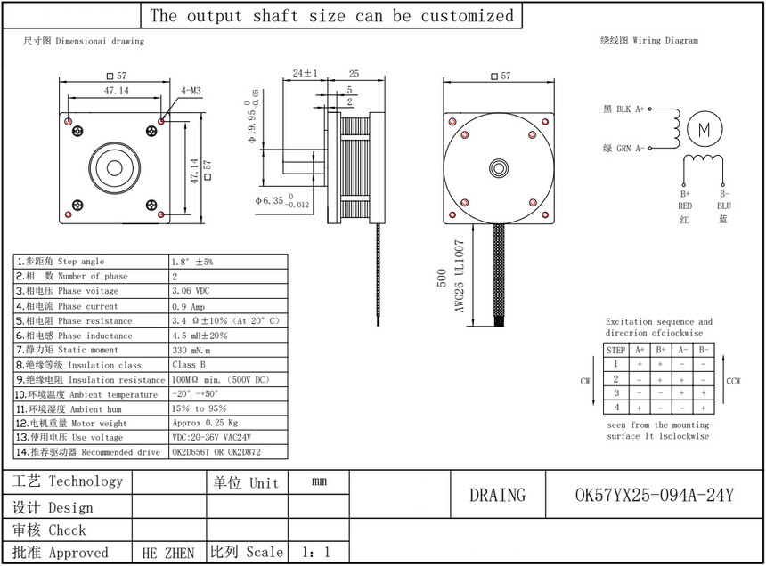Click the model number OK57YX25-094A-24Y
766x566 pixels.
(x=655, y=496)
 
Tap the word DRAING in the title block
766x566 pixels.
(x=498, y=496)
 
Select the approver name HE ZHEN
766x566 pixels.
(x=168, y=553)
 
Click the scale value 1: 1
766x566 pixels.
(x=316, y=553)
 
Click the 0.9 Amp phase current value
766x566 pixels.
(x=188, y=306)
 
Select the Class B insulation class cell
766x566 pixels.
(x=190, y=365)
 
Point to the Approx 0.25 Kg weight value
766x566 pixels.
(x=204, y=424)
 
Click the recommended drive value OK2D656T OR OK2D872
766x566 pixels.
(x=216, y=452)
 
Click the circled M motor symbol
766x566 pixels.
(x=704, y=130)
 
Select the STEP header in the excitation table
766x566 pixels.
(x=616, y=350)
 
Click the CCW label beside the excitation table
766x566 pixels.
(x=734, y=381)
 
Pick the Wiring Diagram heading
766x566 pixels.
(x=649, y=40)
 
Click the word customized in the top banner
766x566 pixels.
(x=468, y=16)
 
